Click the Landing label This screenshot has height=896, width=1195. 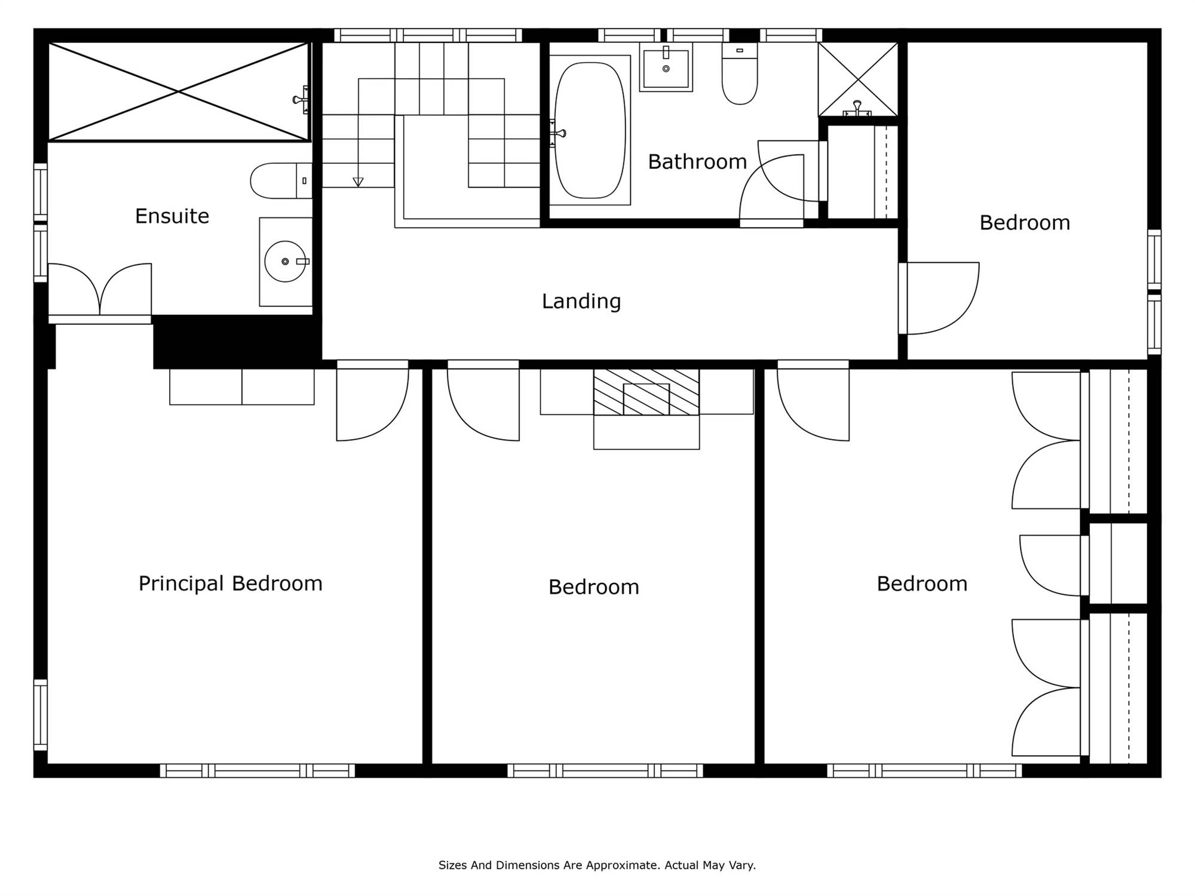[x=581, y=301]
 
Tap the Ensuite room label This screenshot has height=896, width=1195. [x=172, y=216]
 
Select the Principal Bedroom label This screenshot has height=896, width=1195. [x=231, y=584]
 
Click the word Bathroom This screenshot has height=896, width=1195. [x=697, y=162]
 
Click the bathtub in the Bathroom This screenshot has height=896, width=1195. [x=590, y=130]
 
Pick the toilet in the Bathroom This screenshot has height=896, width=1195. [x=740, y=73]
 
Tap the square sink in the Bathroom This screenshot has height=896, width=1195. [x=666, y=67]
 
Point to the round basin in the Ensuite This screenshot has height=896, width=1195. [x=286, y=262]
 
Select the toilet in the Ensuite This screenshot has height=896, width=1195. [x=281, y=180]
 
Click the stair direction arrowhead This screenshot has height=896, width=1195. [x=358, y=182]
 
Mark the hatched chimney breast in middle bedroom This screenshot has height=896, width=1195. [x=646, y=392]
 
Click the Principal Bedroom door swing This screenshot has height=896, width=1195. [x=372, y=404]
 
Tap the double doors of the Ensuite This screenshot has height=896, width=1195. [x=100, y=289]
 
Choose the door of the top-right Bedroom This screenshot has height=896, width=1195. [x=939, y=298]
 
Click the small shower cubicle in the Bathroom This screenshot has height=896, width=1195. [x=858, y=79]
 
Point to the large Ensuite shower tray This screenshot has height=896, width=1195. [x=179, y=92]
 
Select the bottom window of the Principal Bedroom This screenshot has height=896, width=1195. [x=258, y=771]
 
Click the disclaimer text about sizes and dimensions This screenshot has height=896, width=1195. [x=597, y=865]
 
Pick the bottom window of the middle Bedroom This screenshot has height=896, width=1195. [x=605, y=771]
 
